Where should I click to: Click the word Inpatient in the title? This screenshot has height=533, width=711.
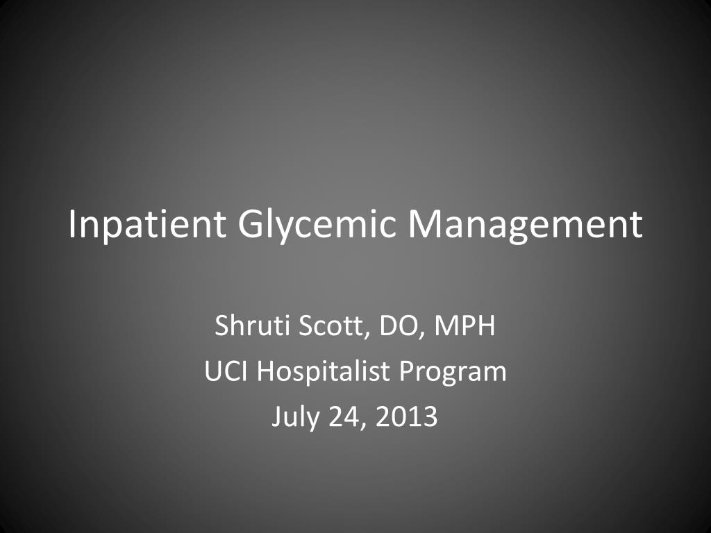[147, 225]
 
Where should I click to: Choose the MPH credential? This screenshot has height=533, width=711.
[465, 325]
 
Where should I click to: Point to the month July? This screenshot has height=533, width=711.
[294, 417]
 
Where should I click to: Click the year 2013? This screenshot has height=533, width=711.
[406, 416]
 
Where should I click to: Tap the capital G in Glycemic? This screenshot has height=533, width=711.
[251, 223]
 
